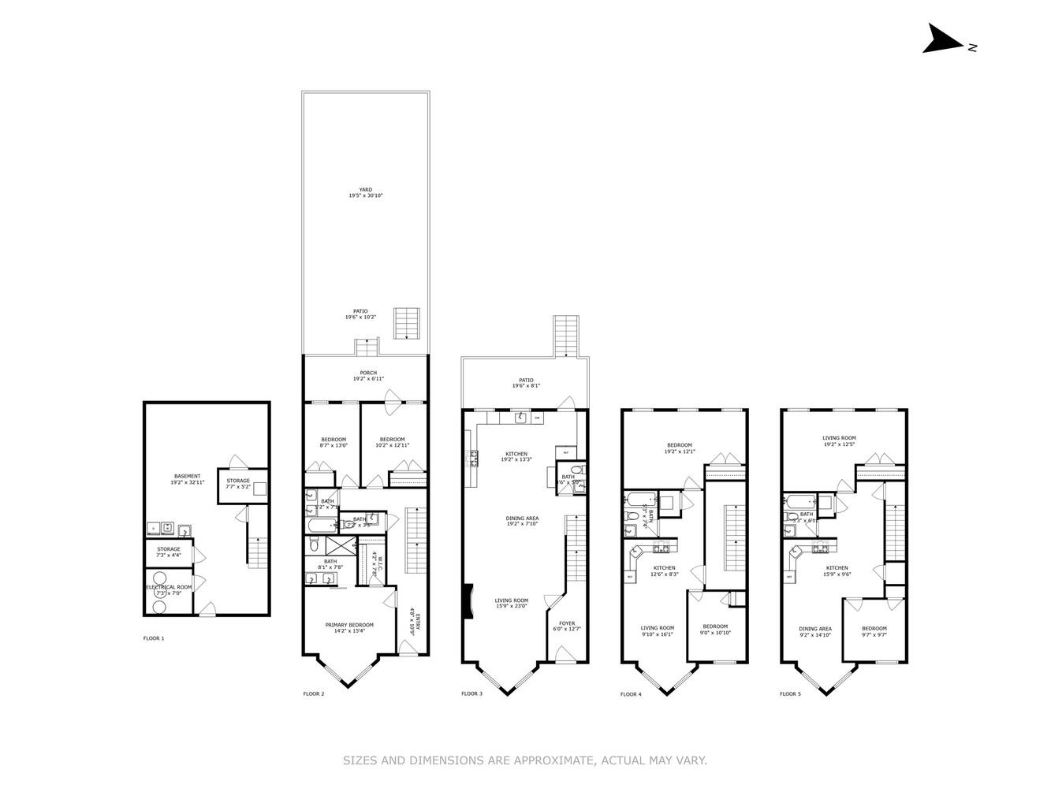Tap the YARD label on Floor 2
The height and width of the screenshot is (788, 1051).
pos(366,190)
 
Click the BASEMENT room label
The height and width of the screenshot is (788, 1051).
pos(187,477)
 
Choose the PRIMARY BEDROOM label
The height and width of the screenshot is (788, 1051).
pos(349,625)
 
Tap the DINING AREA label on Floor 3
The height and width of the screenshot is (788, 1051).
pos(522,519)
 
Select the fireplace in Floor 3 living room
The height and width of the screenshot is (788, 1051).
pos(468,600)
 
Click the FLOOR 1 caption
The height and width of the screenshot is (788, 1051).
pos(153,638)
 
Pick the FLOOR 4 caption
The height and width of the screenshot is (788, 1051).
pos(631,694)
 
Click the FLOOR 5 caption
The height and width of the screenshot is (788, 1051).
pos(790,694)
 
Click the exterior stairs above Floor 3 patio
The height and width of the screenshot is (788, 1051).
pos(565,335)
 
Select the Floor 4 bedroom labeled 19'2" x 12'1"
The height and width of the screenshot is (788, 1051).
pos(679,445)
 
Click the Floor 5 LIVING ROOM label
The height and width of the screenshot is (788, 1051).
pos(839,438)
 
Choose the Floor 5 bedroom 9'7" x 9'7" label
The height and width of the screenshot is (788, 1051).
pos(874,629)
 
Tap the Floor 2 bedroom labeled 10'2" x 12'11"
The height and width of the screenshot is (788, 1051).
pos(392,440)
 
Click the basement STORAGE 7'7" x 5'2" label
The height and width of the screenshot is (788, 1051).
pos(238,481)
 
